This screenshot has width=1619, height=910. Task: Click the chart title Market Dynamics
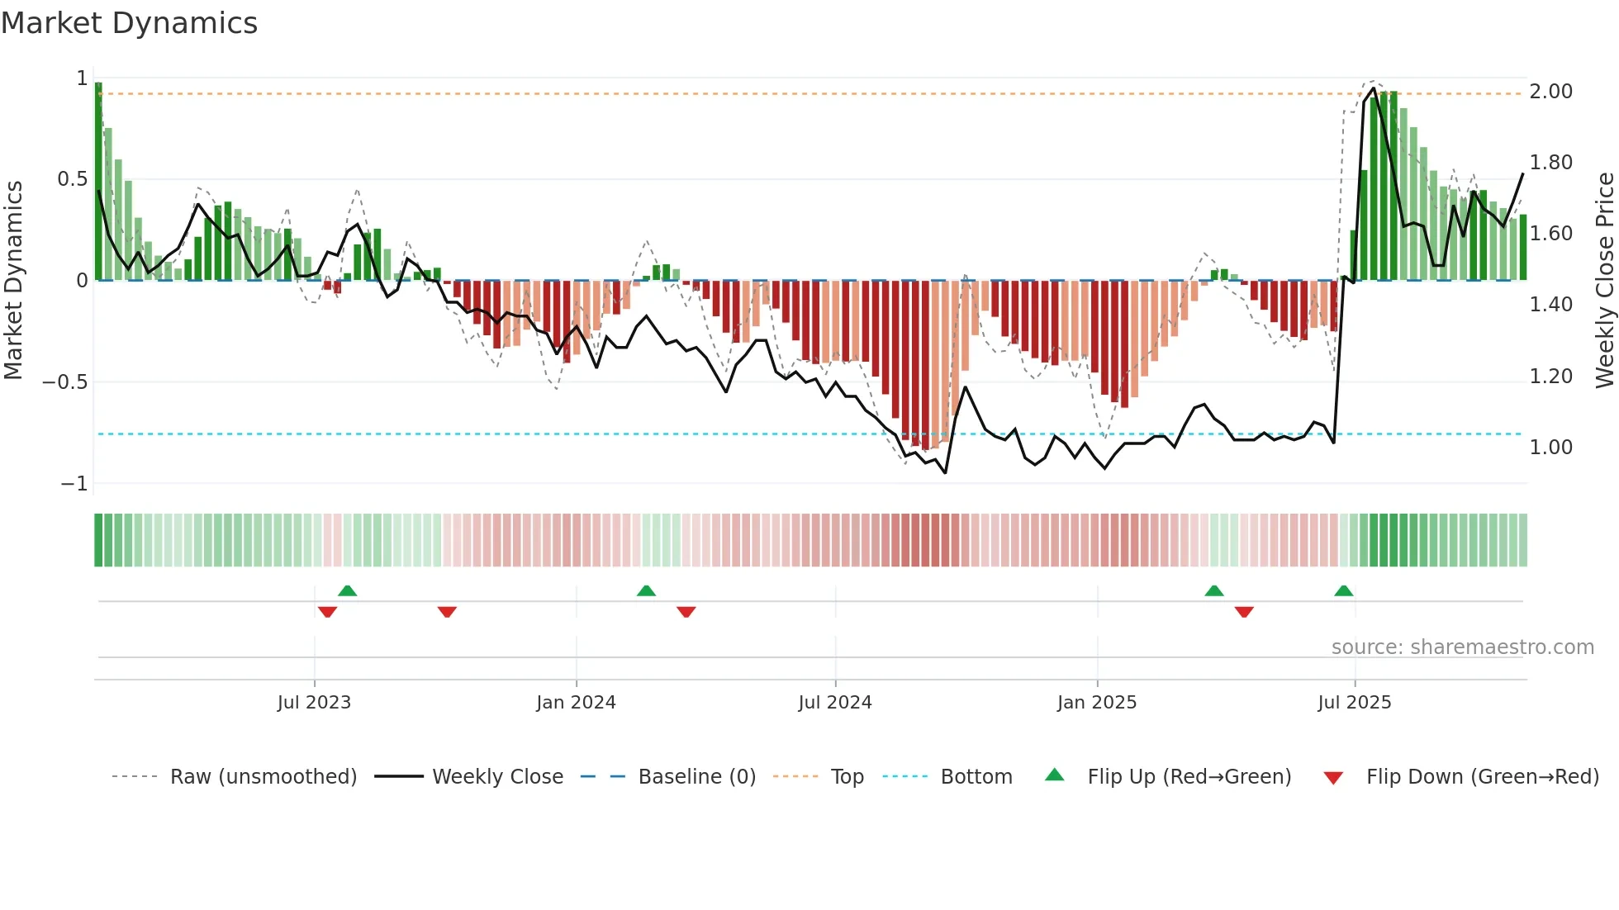129,23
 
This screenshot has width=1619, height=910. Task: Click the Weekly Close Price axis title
1604,280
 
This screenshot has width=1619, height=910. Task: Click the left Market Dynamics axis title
13,280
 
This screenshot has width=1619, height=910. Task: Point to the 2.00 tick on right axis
1550,92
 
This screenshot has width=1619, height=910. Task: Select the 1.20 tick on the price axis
1550,377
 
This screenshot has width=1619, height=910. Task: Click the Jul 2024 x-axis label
834,703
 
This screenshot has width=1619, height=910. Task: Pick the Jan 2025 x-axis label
1096,703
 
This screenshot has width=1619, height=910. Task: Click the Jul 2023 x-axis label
314,703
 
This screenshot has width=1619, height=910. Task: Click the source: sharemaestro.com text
1462,647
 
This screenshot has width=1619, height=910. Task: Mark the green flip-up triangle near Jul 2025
1343,591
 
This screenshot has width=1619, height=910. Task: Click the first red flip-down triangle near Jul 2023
327,612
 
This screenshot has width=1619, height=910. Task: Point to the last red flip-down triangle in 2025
1244,612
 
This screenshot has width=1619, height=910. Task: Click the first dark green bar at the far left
98,182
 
